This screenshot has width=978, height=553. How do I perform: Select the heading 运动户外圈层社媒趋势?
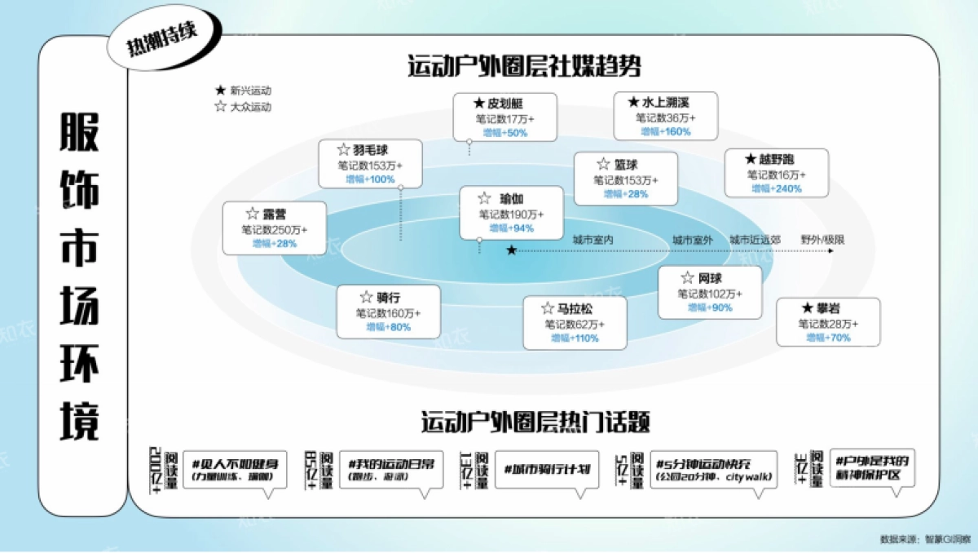(524, 66)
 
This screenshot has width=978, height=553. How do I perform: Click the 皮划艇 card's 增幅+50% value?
(504, 132)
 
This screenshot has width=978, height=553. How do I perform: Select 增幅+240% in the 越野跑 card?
(776, 188)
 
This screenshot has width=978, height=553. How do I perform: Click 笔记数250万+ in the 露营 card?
(274, 230)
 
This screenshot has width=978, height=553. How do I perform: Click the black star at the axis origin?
(511, 250)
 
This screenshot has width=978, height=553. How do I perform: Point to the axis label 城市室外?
(692, 241)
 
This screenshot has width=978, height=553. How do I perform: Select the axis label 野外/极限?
(822, 241)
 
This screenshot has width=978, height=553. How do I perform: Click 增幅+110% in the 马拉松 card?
(575, 338)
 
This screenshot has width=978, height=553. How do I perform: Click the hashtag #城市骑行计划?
(546, 470)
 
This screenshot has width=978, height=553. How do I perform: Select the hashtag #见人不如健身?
(234, 462)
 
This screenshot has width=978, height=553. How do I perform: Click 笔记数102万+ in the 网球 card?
(710, 294)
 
